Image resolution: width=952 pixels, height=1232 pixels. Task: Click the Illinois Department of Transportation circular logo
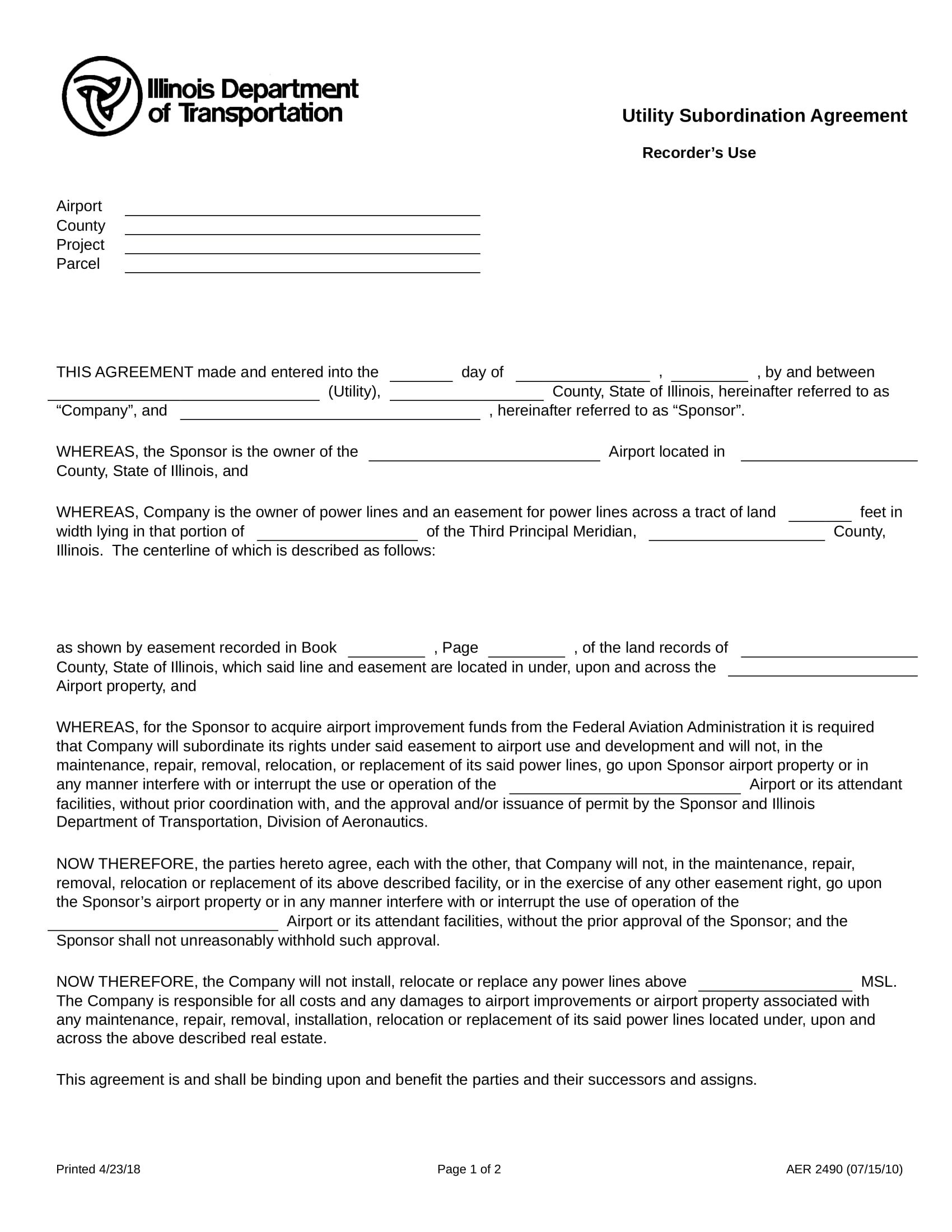(102, 96)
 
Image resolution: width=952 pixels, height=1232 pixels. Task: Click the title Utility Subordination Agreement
(764, 116)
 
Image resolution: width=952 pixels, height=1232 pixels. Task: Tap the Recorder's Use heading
(698, 153)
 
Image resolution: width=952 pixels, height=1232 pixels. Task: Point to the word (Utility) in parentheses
(353, 391)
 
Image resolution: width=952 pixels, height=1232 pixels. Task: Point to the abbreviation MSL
(878, 982)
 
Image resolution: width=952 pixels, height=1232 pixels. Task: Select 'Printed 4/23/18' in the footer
(98, 1169)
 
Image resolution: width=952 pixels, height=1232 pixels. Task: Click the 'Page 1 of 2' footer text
(469, 1169)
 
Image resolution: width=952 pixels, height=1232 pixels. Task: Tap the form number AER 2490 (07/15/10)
(844, 1169)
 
